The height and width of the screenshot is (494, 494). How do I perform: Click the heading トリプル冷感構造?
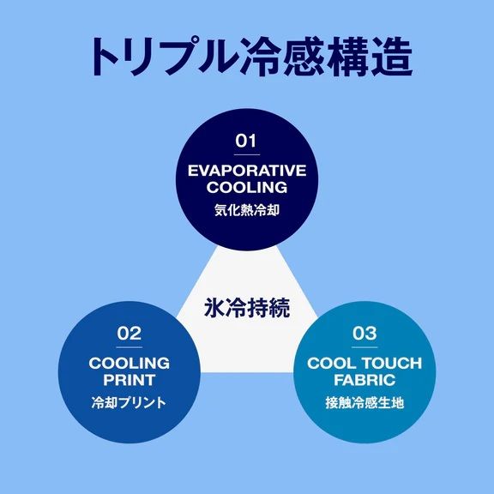[251, 57]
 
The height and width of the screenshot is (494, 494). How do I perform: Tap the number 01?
[246, 141]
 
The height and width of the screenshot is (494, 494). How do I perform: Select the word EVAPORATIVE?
[247, 171]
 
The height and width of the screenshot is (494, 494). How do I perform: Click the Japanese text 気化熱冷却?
[247, 210]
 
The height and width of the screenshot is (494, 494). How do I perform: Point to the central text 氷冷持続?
[247, 308]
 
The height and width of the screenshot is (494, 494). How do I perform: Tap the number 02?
[130, 334]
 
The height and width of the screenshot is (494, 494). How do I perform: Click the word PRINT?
[130, 380]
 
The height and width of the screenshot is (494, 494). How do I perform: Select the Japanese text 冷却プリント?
[129, 402]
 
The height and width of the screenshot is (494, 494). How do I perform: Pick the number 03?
[364, 334]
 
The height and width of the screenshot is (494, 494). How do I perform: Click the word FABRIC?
[364, 380]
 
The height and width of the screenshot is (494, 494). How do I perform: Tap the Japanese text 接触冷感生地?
[364, 402]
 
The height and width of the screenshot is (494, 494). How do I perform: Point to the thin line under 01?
[247, 154]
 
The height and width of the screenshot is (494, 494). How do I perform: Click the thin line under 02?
[130, 347]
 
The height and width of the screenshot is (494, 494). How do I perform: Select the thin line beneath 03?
[364, 347]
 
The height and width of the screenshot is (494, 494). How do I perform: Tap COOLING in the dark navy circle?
[247, 188]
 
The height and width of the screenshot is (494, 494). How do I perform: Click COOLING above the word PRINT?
[130, 364]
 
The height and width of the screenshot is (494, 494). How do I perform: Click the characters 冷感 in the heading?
[283, 57]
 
